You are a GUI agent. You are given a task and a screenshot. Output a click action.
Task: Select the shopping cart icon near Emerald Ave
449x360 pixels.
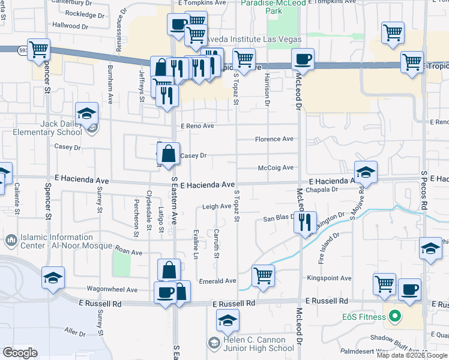(x=263, y=275)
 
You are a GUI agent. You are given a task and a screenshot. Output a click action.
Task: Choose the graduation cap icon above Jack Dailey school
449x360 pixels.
(x=86, y=112)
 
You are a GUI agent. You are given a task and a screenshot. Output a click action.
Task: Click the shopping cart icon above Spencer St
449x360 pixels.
(x=38, y=48)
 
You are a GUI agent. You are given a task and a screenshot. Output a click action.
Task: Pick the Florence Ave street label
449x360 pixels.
(x=274, y=139)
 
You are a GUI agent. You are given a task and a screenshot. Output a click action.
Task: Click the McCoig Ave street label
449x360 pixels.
(x=276, y=168)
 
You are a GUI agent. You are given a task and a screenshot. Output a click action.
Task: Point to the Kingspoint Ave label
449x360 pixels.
(x=329, y=278)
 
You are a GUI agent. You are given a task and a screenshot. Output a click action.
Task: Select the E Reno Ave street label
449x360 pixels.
(x=197, y=126)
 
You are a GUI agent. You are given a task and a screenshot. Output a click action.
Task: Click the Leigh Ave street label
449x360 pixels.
(x=217, y=206)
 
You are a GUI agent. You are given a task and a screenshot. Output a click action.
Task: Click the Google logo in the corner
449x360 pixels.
(x=20, y=352)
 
